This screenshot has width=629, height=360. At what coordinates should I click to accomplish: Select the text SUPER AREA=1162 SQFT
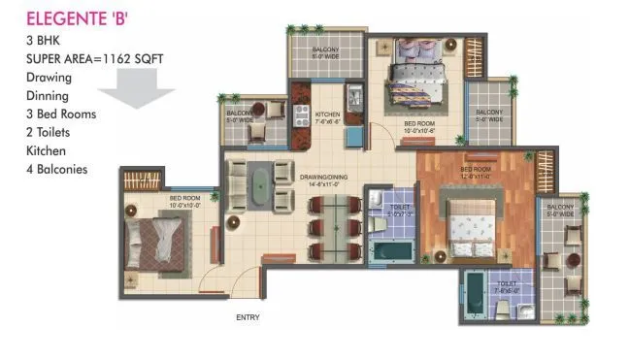coord(95,58)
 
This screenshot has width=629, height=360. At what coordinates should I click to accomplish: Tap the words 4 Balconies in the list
coord(57,169)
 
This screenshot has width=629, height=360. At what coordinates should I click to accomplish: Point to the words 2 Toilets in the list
coord(50,132)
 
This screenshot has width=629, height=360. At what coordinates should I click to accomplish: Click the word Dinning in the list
coord(48,95)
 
